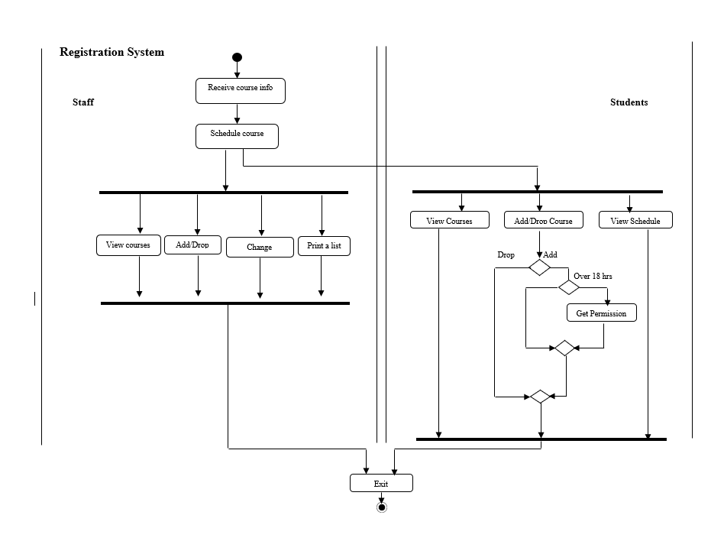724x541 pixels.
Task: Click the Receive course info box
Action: coord(241,90)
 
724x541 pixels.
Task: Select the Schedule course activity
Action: coord(238,136)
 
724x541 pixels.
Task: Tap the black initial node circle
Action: coord(237,57)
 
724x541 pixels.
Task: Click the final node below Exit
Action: coord(382,507)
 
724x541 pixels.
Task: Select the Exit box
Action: coord(381,483)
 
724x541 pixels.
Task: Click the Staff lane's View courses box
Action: coord(128,245)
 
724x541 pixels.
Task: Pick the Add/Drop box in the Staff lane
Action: coord(192,245)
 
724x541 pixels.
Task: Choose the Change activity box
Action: coord(260,247)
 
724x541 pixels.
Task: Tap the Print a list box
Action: coord(324,245)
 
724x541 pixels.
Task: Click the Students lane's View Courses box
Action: coord(449,220)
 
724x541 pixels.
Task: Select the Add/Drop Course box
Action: coord(543,220)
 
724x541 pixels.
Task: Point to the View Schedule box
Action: coord(635,220)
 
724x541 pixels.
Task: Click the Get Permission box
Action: coord(601,313)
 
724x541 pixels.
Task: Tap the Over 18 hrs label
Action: coord(593,276)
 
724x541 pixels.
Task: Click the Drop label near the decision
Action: coord(506,254)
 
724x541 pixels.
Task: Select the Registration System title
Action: coord(112,52)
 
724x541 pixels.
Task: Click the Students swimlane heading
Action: coord(629,102)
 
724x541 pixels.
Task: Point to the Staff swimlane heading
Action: coord(83,102)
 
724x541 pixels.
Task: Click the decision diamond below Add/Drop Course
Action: coord(540,267)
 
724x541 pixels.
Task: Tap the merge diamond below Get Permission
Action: coord(564,348)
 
